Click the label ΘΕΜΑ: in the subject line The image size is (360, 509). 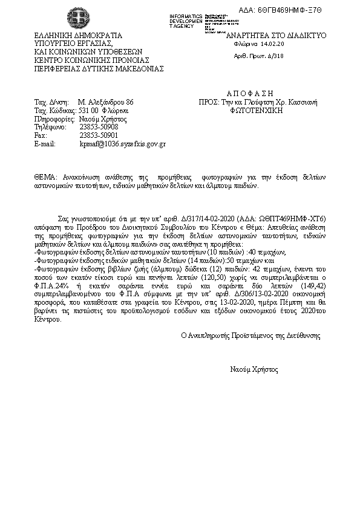pos(45,177)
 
